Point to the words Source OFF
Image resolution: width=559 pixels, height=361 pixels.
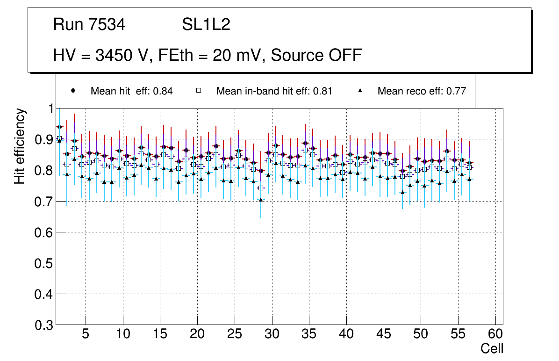coord(316,55)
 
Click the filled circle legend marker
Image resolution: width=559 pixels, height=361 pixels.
coord(73,91)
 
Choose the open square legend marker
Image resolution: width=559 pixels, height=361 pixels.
coord(199,91)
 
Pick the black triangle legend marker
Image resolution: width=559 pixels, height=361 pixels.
coord(360,91)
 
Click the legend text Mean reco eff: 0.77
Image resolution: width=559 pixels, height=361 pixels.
coord(422,91)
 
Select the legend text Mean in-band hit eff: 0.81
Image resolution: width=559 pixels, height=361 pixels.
coord(274,91)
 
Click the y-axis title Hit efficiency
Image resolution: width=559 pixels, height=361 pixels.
coord(20,146)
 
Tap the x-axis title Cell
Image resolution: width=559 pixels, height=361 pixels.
coord(492,348)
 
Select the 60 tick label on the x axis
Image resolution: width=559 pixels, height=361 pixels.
coord(495,334)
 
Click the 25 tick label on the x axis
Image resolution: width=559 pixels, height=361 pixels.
coord(234,334)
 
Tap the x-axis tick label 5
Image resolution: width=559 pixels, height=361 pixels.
coord(85,334)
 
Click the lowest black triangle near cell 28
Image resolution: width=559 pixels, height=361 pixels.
coord(261,200)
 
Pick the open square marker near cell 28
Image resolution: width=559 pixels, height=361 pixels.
coord(261,188)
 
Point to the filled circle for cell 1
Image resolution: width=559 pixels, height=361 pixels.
coord(59,127)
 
